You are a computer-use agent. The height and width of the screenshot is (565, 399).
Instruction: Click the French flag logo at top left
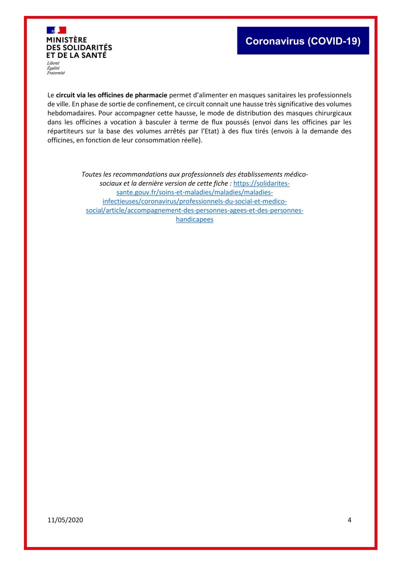tap(56, 30)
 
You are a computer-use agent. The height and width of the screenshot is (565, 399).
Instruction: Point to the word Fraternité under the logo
tap(56, 73)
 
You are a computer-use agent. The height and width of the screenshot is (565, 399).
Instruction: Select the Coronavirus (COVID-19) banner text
tap(303, 41)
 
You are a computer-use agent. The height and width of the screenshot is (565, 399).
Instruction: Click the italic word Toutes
tap(91, 174)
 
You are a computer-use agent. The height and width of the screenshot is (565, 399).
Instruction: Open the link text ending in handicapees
tap(195, 220)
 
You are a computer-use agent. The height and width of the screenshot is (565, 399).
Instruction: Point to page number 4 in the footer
tap(349, 520)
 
